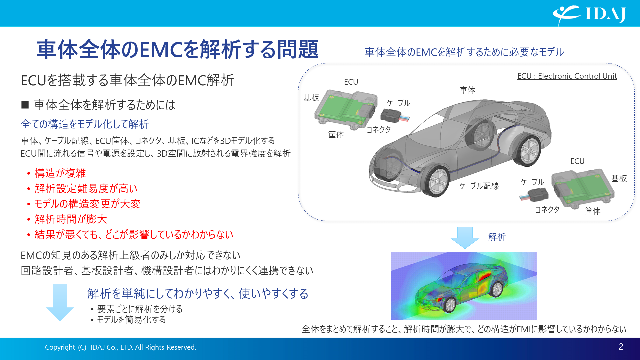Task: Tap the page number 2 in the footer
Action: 621,347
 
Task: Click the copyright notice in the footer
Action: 120,347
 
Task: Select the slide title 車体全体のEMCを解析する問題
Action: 177,49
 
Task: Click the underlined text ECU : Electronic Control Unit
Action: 567,76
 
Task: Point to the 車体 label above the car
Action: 467,90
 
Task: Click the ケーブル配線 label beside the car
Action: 479,186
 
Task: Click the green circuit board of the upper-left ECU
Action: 337,107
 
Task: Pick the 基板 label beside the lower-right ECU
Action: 619,178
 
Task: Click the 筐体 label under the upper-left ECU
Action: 336,134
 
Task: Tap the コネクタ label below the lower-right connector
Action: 547,209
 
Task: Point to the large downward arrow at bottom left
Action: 60,302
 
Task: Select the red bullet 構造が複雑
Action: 60,173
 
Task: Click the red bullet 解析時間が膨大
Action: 71,219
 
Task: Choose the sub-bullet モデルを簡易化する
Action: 131,320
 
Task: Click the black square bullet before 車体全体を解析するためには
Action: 25,105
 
